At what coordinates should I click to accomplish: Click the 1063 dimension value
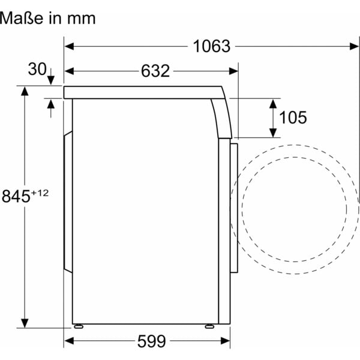coord(211,46)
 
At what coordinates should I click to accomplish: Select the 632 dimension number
coord(155,71)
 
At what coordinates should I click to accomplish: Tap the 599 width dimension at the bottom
coord(151,341)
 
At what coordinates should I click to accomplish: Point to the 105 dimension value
coord(293,118)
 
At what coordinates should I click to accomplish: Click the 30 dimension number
coord(37,69)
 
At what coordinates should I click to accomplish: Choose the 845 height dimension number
coord(16,196)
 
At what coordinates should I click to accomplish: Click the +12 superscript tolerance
coord(40,193)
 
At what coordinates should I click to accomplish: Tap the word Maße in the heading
coord(22,18)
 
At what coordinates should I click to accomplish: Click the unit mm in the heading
coord(81,19)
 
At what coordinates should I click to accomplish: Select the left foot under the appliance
coord(79,326)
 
